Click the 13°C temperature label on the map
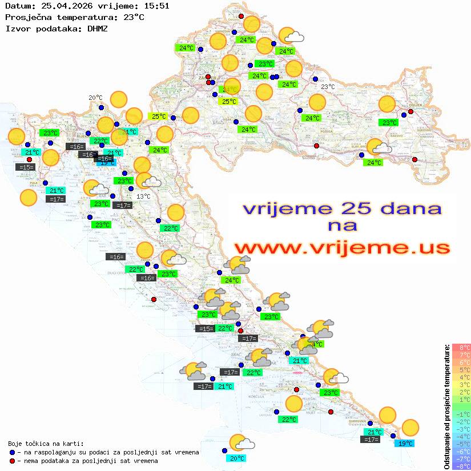click(143, 196)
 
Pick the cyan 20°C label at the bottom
click(237, 458)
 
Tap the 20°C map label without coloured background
click(95, 98)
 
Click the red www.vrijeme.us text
click(341, 248)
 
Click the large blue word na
click(343, 226)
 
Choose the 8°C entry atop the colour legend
click(461, 347)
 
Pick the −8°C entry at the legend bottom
click(461, 466)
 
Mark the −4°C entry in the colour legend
click(461, 436)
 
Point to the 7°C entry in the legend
click(461, 355)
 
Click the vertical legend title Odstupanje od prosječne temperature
click(446, 406)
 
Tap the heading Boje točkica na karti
click(46, 443)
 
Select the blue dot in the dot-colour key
click(12, 452)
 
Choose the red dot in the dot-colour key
click(12, 461)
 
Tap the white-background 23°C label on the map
click(327, 87)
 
